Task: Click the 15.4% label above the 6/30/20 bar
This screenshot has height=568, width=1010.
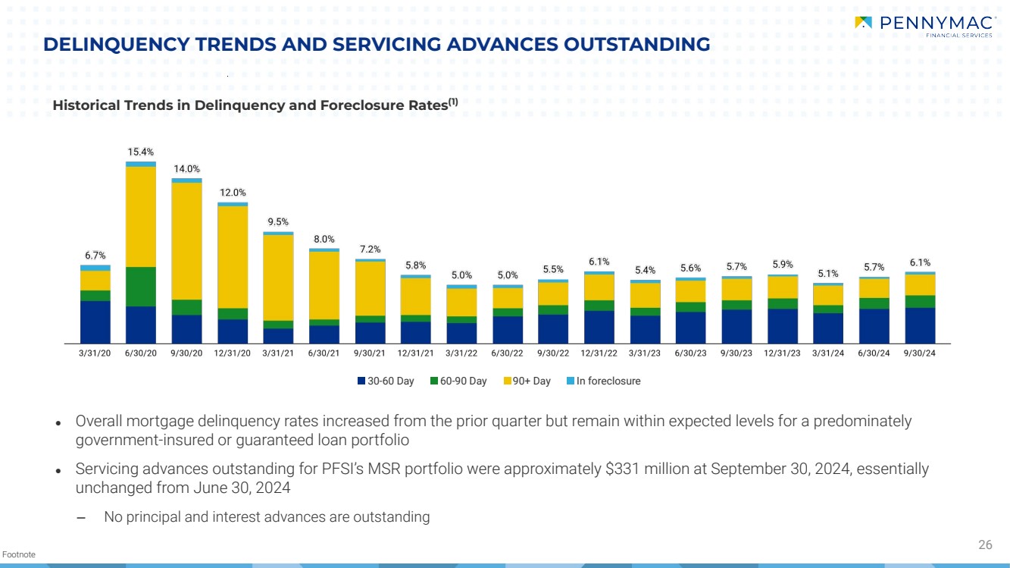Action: click(141, 152)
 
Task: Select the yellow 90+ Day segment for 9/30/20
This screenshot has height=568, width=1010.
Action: click(186, 240)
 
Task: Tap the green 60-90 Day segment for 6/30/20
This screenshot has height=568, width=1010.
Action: click(141, 286)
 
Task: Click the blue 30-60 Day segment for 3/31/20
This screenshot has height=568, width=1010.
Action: click(95, 322)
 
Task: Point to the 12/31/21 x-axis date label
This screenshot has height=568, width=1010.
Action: click(416, 353)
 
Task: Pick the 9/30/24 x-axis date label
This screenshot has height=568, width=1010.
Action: click(920, 353)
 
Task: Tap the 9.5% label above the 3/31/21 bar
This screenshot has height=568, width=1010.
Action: click(278, 222)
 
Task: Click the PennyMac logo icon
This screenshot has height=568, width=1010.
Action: click(863, 23)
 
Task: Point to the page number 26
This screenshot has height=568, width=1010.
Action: click(985, 544)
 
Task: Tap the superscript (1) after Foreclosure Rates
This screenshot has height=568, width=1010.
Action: click(452, 102)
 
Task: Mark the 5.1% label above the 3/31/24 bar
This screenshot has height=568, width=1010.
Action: click(828, 274)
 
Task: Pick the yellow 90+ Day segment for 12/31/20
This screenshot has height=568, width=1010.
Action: click(233, 256)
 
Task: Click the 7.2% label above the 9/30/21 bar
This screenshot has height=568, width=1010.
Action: click(370, 249)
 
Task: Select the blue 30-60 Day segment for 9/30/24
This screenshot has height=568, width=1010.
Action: click(920, 325)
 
